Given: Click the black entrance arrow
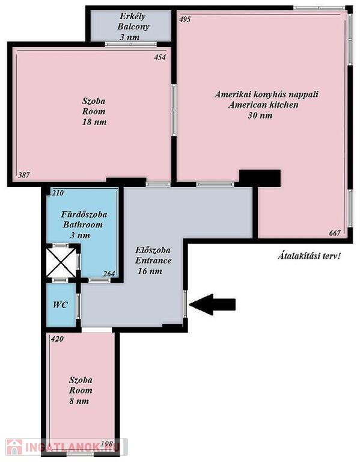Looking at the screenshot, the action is coord(212,304).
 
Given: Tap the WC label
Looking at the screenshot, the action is coord(60,304).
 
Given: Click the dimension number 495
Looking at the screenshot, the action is coord(185,19).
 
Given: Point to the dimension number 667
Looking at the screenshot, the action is coord(335,233).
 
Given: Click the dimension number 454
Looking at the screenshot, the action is coord(160,57).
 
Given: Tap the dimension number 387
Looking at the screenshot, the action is coord(24,175).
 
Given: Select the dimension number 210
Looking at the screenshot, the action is coord(58,193).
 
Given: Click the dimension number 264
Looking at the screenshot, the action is coord(109,274).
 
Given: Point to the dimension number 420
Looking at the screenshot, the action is coord(57,339).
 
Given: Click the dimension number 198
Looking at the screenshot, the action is coord(106,444).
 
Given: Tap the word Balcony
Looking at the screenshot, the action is coord(133,27).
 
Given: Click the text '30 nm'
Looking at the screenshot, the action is coord(260,115).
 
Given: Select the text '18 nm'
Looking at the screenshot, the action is coord(94,122).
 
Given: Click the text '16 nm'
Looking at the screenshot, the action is coord(150,271).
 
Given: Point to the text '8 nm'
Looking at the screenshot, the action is coord(79,401).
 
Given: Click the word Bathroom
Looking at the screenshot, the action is coord(83,225).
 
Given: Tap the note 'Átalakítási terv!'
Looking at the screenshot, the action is coord(309,256).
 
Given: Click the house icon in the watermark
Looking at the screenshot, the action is coord(14,447).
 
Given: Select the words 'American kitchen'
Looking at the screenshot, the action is coord(263,105).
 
